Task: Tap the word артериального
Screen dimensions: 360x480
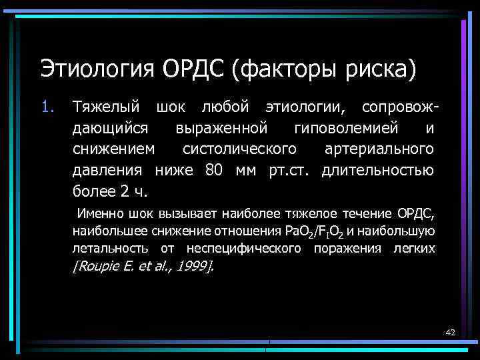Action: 379,149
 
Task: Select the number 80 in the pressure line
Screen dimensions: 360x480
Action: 214,170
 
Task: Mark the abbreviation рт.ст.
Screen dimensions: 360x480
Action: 289,170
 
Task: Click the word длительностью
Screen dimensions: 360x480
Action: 377,170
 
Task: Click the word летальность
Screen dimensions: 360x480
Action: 112,249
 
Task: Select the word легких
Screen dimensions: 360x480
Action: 416,249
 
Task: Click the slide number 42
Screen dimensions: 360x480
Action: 449,332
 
